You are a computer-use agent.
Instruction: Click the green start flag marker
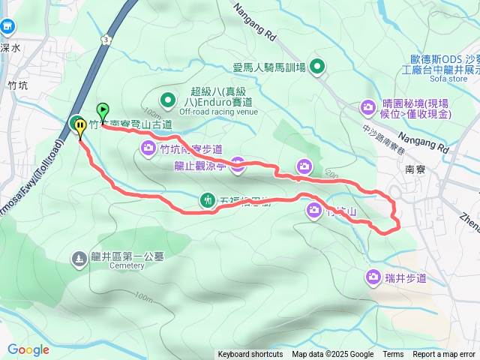click(103, 110)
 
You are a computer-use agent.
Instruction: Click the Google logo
click(28, 349)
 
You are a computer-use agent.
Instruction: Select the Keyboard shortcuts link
click(250, 355)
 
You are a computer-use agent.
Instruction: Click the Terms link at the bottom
click(393, 355)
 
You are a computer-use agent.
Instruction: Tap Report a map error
click(444, 355)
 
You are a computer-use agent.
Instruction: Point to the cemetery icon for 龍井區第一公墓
click(79, 259)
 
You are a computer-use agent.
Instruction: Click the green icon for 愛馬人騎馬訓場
click(318, 67)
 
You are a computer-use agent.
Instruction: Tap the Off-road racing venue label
click(207, 111)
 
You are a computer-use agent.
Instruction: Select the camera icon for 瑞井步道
click(373, 278)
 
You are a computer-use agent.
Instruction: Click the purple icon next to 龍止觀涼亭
click(237, 166)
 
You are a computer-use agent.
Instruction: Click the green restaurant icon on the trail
click(207, 200)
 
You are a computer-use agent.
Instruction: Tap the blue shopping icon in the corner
click(8, 26)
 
